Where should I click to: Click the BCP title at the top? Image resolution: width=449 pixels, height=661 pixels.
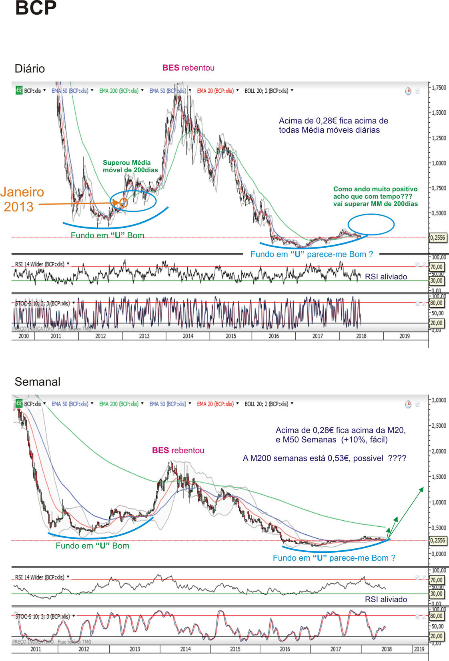pos(36,8)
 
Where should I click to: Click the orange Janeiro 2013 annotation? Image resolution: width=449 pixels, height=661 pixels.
pos(22,199)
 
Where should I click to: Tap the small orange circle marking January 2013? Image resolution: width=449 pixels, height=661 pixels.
pos(123,203)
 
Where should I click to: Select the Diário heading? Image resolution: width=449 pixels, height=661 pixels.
pos(30,68)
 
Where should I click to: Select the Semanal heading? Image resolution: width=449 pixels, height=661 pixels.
pos(37,382)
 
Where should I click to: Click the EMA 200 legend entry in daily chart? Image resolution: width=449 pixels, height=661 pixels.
pos(119,91)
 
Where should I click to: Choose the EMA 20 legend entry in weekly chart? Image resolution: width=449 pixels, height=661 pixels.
pos(215,404)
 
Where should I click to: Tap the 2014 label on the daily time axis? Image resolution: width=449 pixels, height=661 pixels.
pos(188,336)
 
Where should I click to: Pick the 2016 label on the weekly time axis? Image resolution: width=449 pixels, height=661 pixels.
pos(285,649)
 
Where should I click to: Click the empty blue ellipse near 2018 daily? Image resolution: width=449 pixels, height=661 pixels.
pos(371,224)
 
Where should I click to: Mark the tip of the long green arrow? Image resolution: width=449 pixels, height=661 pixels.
pos(423,488)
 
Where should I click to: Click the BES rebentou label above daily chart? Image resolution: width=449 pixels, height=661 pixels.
pos(188,68)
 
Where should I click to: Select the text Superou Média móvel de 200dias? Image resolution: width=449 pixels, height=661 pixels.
pos(130,166)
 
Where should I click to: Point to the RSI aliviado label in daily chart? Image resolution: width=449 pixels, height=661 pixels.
pos(386,277)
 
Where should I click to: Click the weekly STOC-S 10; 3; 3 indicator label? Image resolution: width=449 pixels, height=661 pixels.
pos(42,617)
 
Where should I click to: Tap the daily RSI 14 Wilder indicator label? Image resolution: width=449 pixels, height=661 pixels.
pos(40,264)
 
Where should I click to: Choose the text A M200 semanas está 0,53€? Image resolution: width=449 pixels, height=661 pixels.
pos(324,458)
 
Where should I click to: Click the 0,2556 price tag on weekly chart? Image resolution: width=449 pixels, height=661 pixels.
pos(437,541)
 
